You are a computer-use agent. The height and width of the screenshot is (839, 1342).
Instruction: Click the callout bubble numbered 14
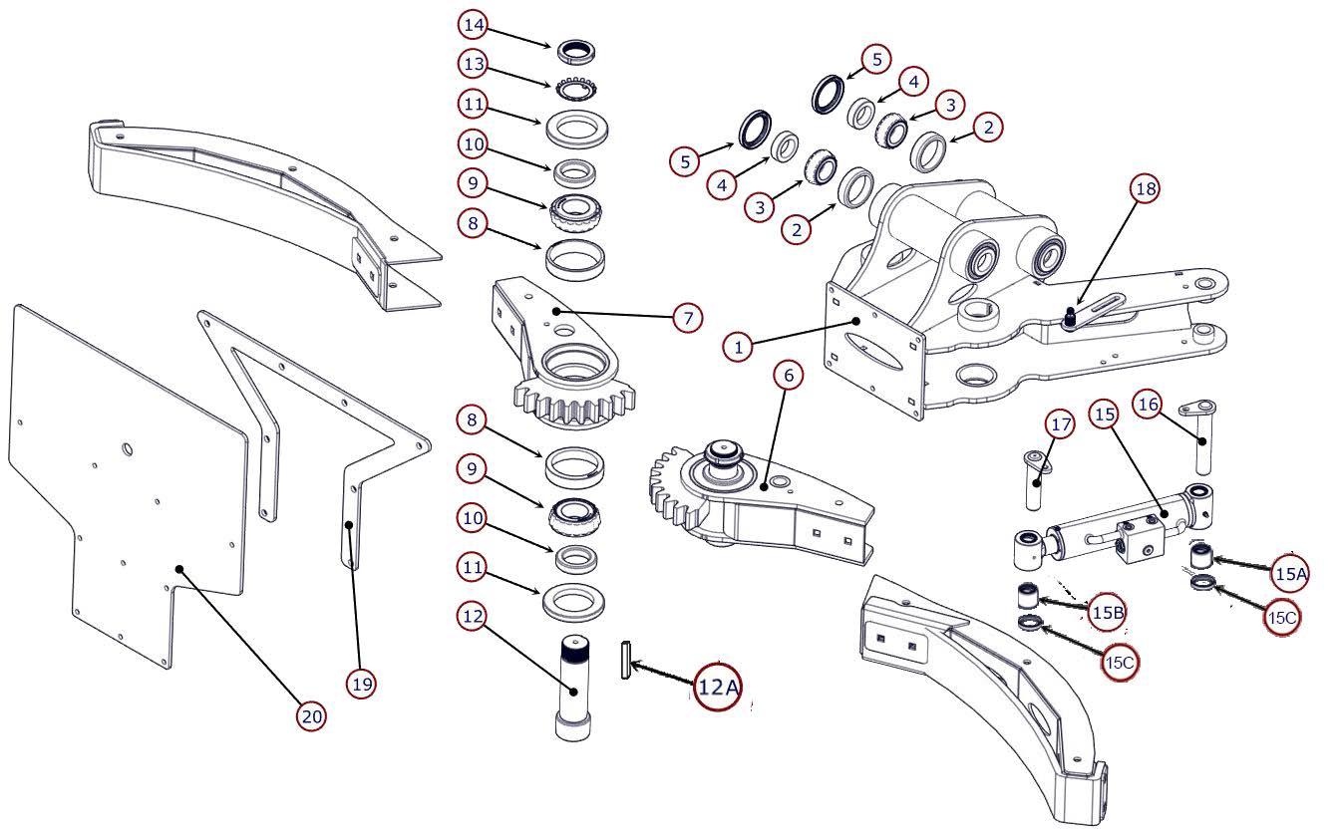[474, 25]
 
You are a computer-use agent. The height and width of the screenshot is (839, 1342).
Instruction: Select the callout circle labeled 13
[474, 64]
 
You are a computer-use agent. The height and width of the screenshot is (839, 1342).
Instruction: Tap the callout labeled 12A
[718, 687]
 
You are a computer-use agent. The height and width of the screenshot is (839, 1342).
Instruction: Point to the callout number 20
[311, 716]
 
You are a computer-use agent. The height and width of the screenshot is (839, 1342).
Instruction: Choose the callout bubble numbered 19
[362, 684]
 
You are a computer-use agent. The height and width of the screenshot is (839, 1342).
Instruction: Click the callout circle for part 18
[1146, 188]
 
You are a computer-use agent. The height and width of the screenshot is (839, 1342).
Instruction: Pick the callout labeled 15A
[1290, 574]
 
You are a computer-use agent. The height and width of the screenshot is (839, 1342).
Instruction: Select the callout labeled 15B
[1107, 612]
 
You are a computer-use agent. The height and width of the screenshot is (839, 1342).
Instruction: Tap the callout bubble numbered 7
[687, 318]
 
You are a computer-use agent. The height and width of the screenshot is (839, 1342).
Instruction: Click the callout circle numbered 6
[789, 375]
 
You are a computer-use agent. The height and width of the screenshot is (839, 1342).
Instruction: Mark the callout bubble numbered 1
[738, 347]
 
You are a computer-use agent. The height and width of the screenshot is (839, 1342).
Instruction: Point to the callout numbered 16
[1148, 405]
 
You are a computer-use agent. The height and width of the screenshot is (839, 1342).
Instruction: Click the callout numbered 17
[1061, 424]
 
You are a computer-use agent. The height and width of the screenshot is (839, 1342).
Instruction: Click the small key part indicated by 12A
[626, 660]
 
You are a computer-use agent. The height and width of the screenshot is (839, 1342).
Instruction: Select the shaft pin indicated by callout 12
[573, 689]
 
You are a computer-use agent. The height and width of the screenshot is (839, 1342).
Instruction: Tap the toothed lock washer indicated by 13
[576, 89]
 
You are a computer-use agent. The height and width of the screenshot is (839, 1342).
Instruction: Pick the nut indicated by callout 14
[576, 52]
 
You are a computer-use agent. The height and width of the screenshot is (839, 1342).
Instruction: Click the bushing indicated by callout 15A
[1200, 556]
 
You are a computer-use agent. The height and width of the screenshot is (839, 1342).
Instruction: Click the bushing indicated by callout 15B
[1029, 596]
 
